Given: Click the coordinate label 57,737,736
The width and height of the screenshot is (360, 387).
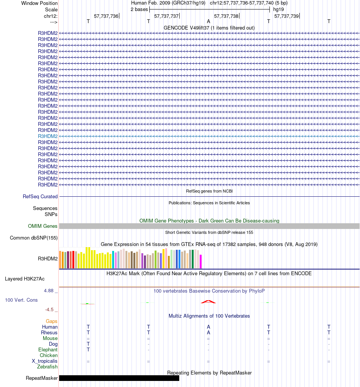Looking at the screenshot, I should point(106,16).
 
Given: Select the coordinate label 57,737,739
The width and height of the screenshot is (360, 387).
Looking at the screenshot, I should point(286,16).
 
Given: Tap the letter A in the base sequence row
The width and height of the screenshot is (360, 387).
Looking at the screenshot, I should point(208,22).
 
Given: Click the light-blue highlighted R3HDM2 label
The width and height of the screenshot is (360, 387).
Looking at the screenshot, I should point(48,136).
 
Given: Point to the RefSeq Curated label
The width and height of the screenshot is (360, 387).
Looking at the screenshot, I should point(40,197).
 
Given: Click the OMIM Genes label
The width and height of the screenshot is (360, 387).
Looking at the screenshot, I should point(43,226).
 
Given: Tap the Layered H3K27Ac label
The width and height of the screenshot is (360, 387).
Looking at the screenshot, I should point(25,279).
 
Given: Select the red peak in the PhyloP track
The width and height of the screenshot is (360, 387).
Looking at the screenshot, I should point(208,302).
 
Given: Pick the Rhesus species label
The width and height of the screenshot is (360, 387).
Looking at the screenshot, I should point(49,333).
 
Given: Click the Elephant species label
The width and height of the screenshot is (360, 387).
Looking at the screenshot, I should point(48,350).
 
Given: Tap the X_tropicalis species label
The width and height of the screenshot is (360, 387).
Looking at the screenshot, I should point(45,361).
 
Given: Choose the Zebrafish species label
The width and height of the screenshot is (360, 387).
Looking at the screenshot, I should point(47,367).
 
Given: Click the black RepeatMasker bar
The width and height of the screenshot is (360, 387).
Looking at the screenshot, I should point(119,378).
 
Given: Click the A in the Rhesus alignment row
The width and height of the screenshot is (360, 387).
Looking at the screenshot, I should point(208,333).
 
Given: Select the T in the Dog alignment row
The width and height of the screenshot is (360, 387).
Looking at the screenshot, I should point(88,344).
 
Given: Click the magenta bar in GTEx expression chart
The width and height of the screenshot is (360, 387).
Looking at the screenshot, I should point(201,262).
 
